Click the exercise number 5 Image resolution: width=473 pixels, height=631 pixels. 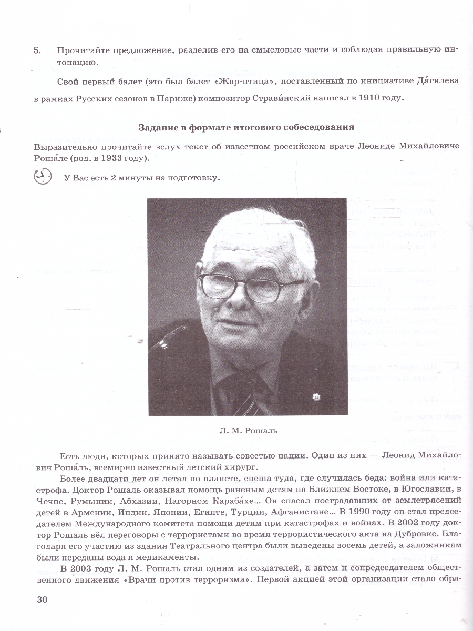pyautogui.click(x=36, y=50)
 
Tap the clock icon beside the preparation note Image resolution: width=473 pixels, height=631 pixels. pyautogui.click(x=43, y=177)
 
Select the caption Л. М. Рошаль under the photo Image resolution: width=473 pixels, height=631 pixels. pyautogui.click(x=247, y=431)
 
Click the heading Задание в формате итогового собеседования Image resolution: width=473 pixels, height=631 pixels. pyautogui.click(x=246, y=127)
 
